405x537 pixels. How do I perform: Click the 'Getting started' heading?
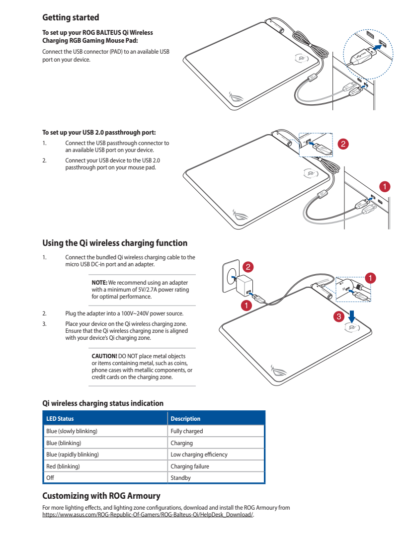(x=71, y=18)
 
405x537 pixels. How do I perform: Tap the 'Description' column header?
(x=185, y=419)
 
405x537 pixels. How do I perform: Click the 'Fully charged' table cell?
(x=187, y=431)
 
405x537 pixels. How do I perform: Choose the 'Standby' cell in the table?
(x=180, y=478)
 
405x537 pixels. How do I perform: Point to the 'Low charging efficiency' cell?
(x=199, y=455)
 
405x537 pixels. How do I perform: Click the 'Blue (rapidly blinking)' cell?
(x=73, y=455)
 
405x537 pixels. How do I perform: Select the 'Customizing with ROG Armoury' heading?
(x=101, y=496)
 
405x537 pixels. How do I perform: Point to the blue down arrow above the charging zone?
(x=352, y=316)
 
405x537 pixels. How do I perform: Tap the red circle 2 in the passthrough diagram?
(x=342, y=144)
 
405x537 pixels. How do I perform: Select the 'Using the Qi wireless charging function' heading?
(x=115, y=243)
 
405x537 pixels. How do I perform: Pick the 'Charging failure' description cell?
(x=190, y=466)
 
